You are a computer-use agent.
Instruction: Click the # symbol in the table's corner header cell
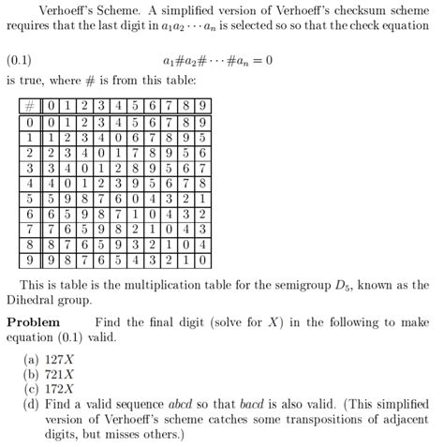[x=32, y=105]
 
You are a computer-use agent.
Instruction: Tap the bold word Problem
[x=33, y=321]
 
